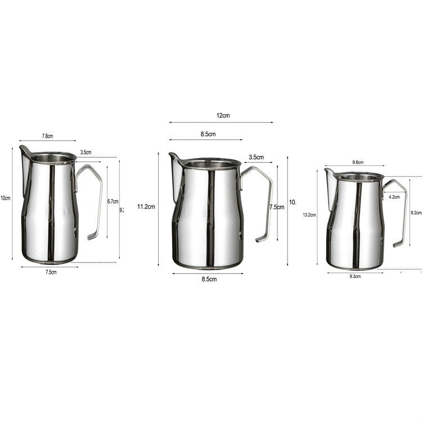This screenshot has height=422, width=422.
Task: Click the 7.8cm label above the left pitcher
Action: (47, 136)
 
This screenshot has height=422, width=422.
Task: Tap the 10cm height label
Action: (6, 198)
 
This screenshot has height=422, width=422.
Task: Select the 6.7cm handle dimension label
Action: (113, 201)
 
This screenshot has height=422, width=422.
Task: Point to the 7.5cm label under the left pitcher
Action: (50, 272)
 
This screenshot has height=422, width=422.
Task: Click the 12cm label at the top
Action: (223, 115)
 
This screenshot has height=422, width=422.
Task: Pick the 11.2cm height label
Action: (146, 207)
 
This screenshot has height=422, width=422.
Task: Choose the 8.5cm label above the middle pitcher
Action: (208, 134)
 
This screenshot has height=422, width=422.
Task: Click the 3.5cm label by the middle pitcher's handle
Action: (257, 158)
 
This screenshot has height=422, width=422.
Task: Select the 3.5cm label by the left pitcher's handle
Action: (86, 152)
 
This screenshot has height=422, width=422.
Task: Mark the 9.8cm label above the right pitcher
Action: (357, 162)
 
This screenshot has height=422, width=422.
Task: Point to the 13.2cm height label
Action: (309, 215)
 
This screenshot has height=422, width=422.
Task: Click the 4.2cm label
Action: (394, 197)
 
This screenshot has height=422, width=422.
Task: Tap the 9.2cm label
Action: (416, 213)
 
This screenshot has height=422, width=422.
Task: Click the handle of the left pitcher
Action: (97, 197)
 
